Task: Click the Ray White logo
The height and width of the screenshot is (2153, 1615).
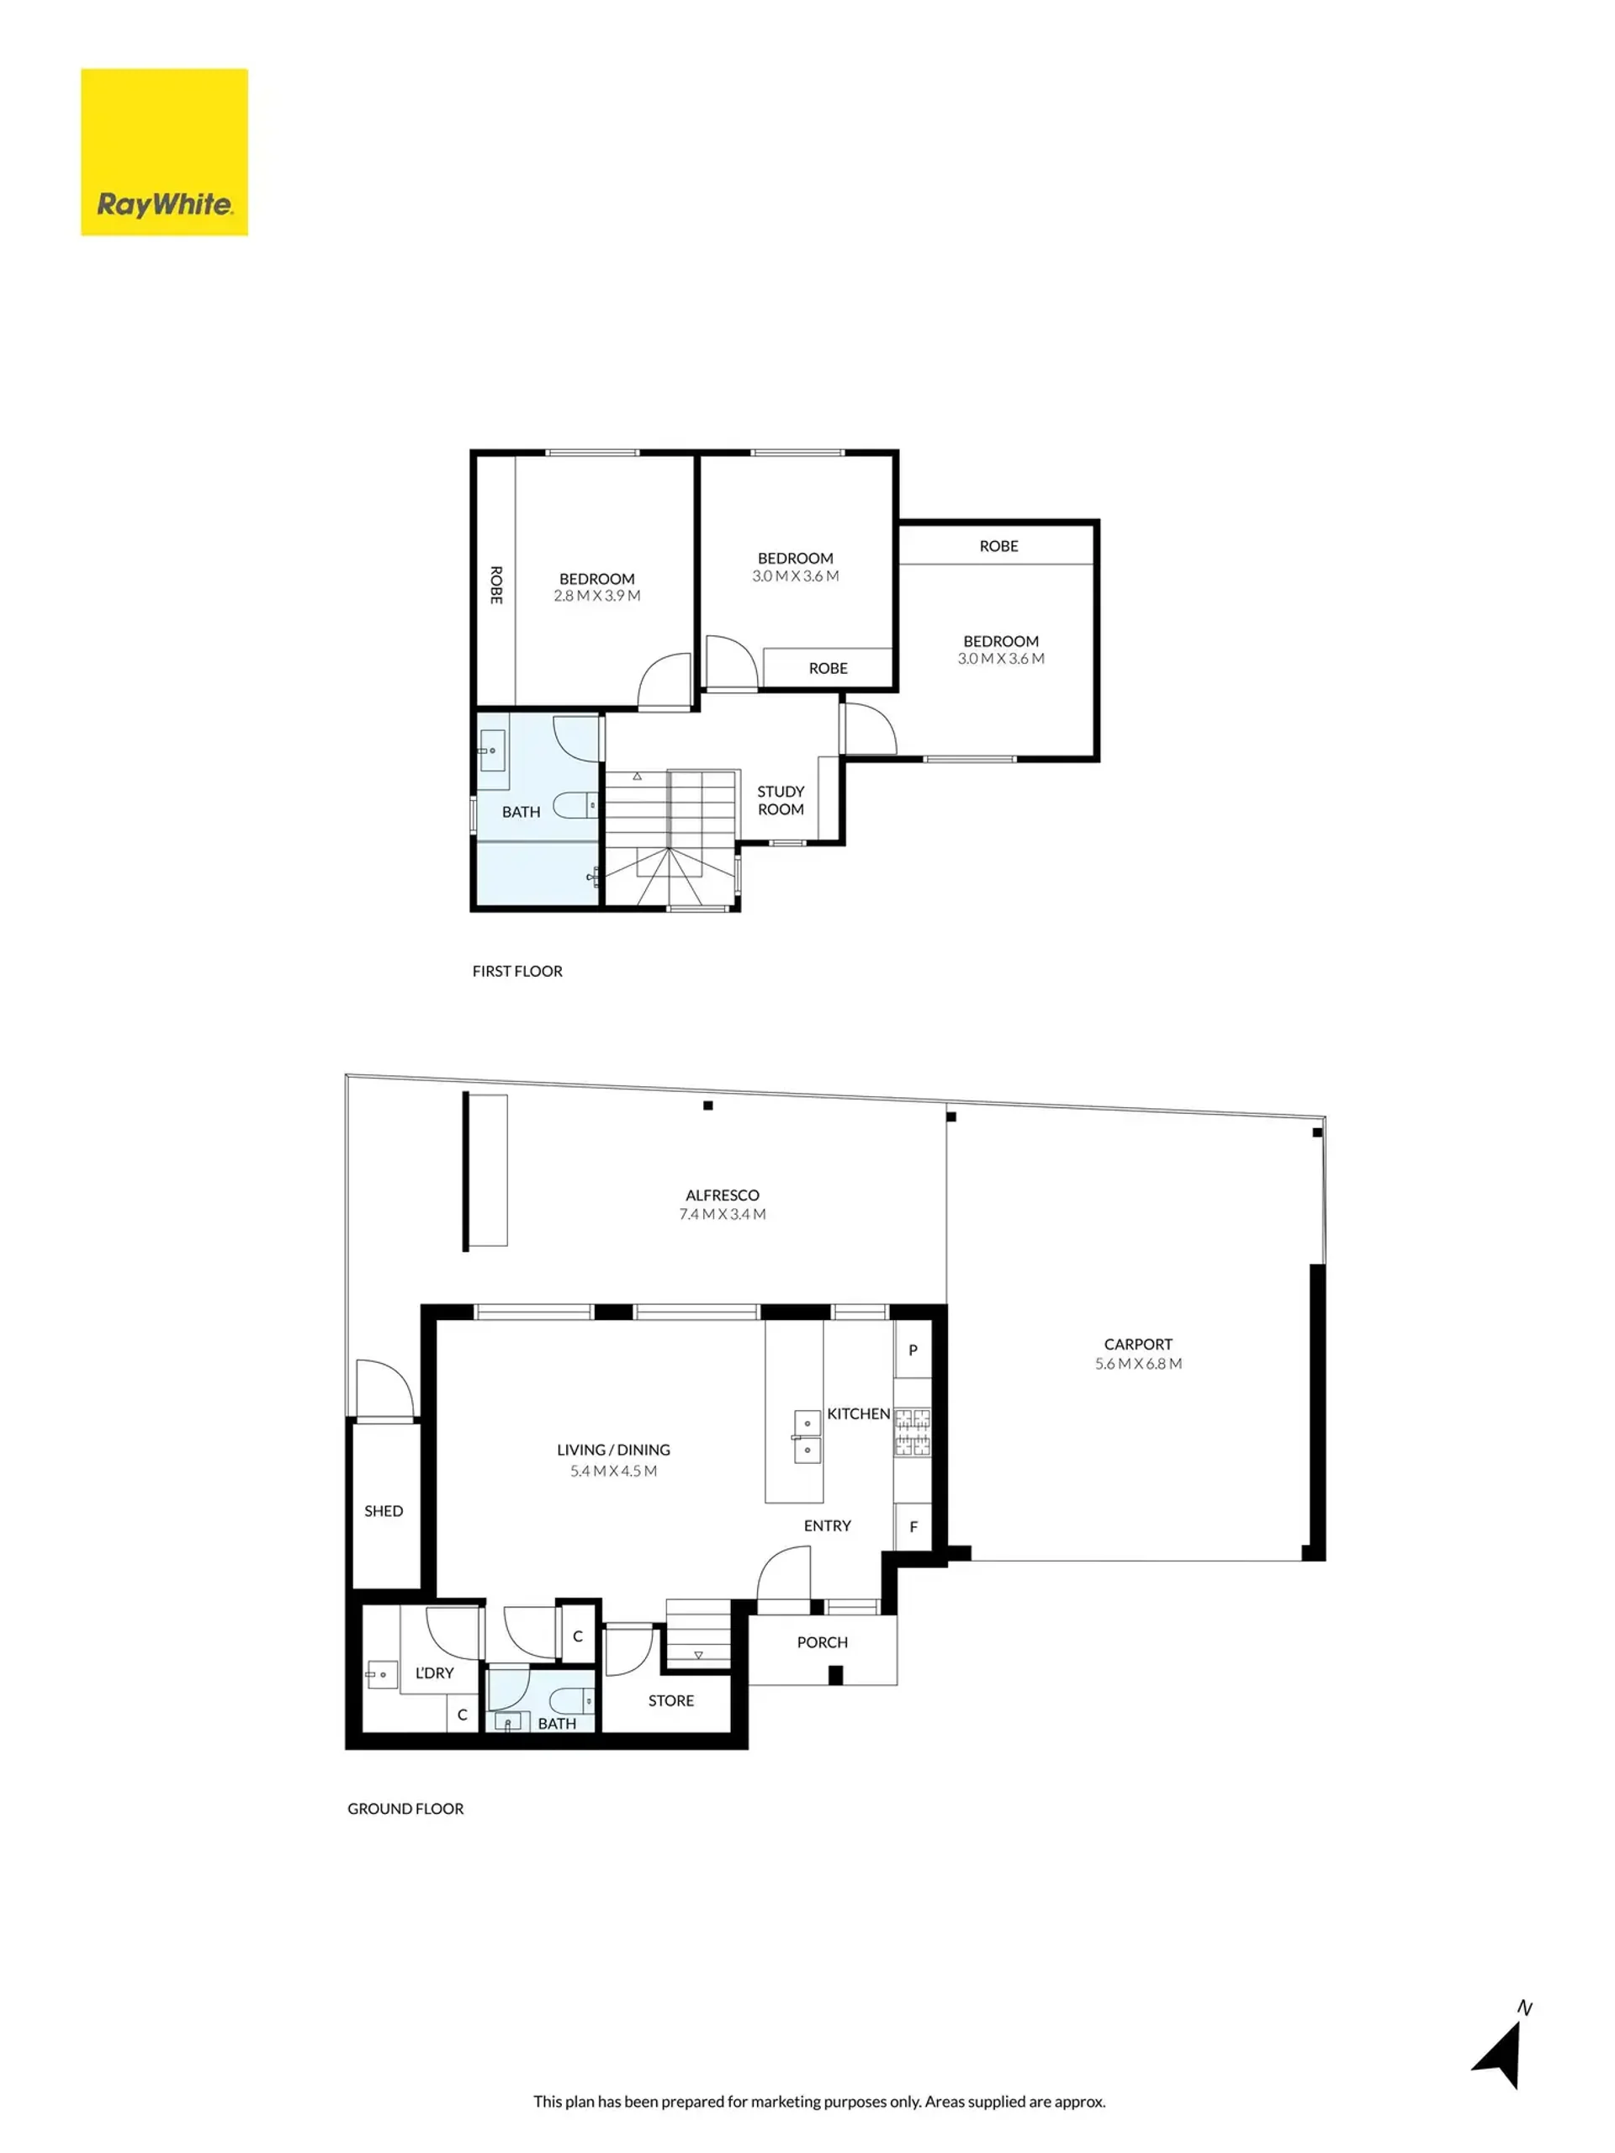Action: [163, 151]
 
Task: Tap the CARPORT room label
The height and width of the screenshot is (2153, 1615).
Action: [1137, 1344]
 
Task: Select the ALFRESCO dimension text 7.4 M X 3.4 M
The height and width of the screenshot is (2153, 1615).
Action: [722, 1214]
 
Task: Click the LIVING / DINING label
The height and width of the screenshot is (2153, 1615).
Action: [613, 1450]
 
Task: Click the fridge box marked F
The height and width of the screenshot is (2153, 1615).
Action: [913, 1526]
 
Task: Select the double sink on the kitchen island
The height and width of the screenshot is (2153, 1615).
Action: [807, 1437]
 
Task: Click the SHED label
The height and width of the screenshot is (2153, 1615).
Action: [384, 1510]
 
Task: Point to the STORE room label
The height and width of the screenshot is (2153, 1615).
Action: [671, 1700]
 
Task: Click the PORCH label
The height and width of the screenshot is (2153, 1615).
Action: [822, 1642]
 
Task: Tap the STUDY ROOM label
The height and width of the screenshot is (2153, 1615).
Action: [781, 800]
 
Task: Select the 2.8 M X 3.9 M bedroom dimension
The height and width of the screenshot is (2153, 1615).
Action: [596, 596]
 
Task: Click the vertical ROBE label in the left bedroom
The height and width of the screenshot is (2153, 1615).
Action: [496, 585]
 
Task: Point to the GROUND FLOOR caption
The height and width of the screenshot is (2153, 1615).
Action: [405, 1808]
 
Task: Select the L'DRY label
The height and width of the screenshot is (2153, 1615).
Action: [434, 1673]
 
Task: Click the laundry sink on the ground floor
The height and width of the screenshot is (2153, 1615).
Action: [381, 1674]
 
